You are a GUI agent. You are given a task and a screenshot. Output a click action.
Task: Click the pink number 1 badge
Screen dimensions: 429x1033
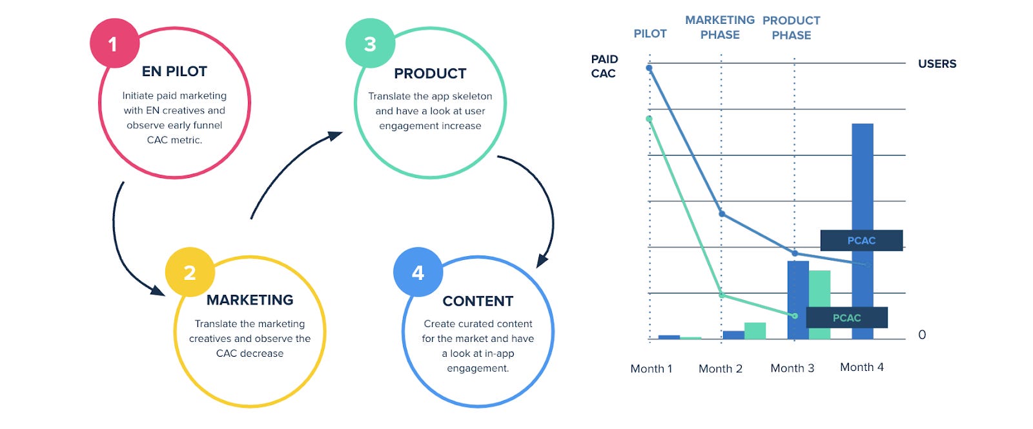[x=114, y=44]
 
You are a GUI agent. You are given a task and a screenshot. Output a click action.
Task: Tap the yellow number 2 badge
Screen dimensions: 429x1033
[x=190, y=272]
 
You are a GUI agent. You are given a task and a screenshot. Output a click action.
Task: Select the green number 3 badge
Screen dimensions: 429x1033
[x=370, y=44]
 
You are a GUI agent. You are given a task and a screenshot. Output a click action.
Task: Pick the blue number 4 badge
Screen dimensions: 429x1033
[x=418, y=272]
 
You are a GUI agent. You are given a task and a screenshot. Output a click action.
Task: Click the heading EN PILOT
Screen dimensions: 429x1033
[x=174, y=72]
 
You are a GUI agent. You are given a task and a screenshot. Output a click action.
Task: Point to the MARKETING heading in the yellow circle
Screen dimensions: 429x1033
[x=250, y=300]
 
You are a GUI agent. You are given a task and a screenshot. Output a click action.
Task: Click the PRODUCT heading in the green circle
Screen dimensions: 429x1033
[x=430, y=74]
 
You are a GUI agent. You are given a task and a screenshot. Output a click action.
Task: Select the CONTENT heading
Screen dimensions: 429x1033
[x=478, y=301]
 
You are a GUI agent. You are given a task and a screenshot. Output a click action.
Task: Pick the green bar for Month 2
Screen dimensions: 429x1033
[x=755, y=330]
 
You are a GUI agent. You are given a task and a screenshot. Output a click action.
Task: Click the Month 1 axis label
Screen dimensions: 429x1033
[x=651, y=369]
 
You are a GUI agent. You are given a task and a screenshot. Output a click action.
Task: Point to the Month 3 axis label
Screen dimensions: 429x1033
[x=792, y=368]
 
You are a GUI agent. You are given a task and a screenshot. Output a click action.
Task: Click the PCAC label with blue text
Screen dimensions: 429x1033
[x=861, y=241]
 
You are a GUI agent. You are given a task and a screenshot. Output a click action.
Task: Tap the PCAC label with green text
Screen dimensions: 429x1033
[x=846, y=317]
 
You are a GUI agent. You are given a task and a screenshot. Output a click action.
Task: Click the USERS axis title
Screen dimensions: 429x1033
[x=937, y=64]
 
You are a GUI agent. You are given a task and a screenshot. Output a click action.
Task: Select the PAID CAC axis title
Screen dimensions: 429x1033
[x=604, y=66]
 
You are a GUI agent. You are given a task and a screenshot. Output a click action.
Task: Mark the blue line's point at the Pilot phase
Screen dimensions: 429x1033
[x=649, y=68]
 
